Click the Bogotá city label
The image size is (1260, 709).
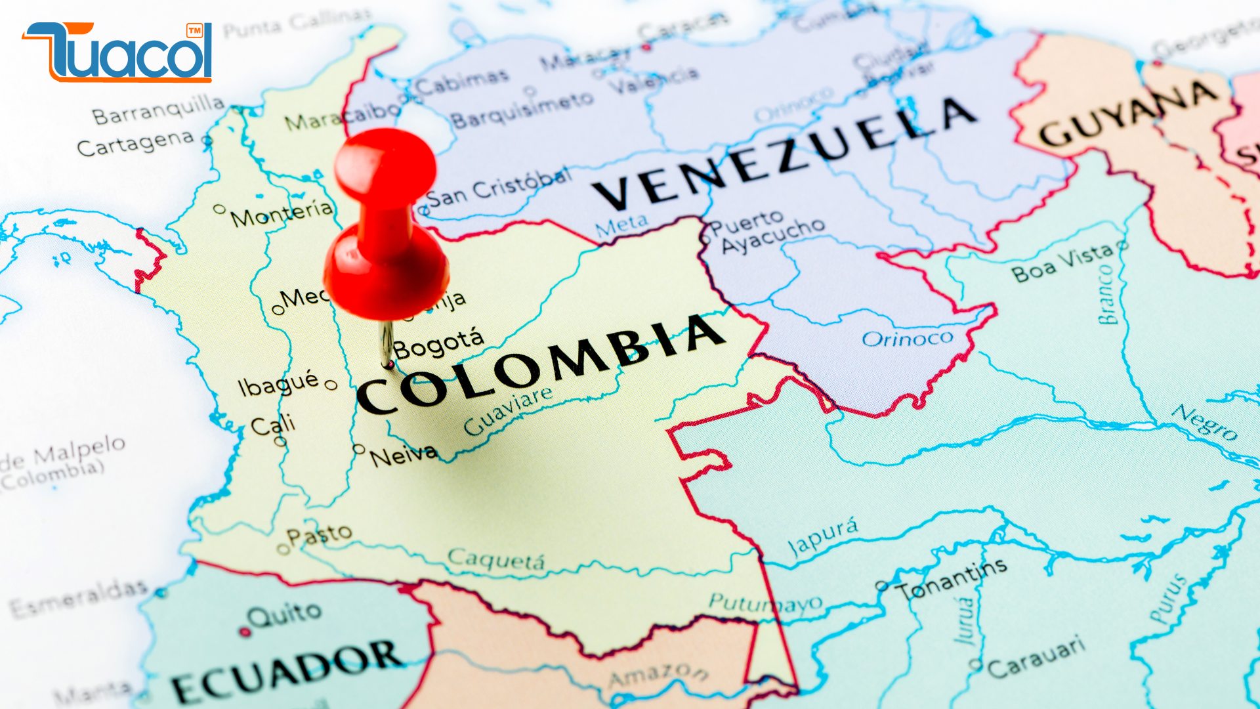pos(438,343)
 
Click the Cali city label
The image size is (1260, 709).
pos(273,425)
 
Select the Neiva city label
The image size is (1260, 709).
pos(403,454)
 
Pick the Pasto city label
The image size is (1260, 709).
pos(319,535)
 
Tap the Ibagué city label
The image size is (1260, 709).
pos(278,383)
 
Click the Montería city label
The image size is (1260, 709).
pos(282,213)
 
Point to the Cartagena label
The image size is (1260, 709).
pos(135,142)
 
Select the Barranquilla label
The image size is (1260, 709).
pos(157,109)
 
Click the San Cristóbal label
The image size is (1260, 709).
pos(499,187)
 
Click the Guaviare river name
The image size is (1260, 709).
pos(508,411)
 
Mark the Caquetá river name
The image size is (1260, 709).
pos(496,560)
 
